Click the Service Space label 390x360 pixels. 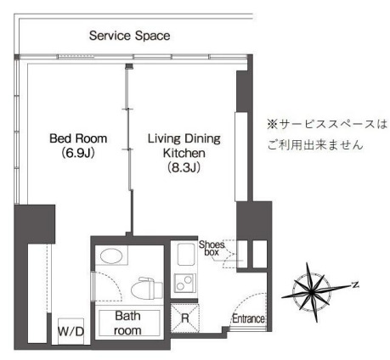(x=129, y=36)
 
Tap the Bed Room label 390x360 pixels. (x=78, y=138)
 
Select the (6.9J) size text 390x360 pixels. (x=78, y=153)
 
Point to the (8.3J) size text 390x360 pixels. (x=184, y=167)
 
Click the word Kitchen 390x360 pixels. (x=184, y=153)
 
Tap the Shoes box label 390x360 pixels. (x=212, y=248)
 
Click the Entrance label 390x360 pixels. (x=248, y=318)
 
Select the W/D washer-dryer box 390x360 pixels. (x=71, y=331)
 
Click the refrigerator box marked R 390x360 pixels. (x=185, y=318)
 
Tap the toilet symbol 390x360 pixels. (x=146, y=288)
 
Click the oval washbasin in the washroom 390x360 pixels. (x=111, y=256)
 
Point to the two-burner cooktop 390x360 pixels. (x=184, y=283)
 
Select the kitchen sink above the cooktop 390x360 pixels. (x=185, y=254)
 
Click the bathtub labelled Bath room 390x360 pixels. (x=129, y=323)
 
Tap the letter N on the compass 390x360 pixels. (x=354, y=284)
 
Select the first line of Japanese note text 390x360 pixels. (x=327, y=124)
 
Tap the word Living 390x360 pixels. (x=164, y=138)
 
